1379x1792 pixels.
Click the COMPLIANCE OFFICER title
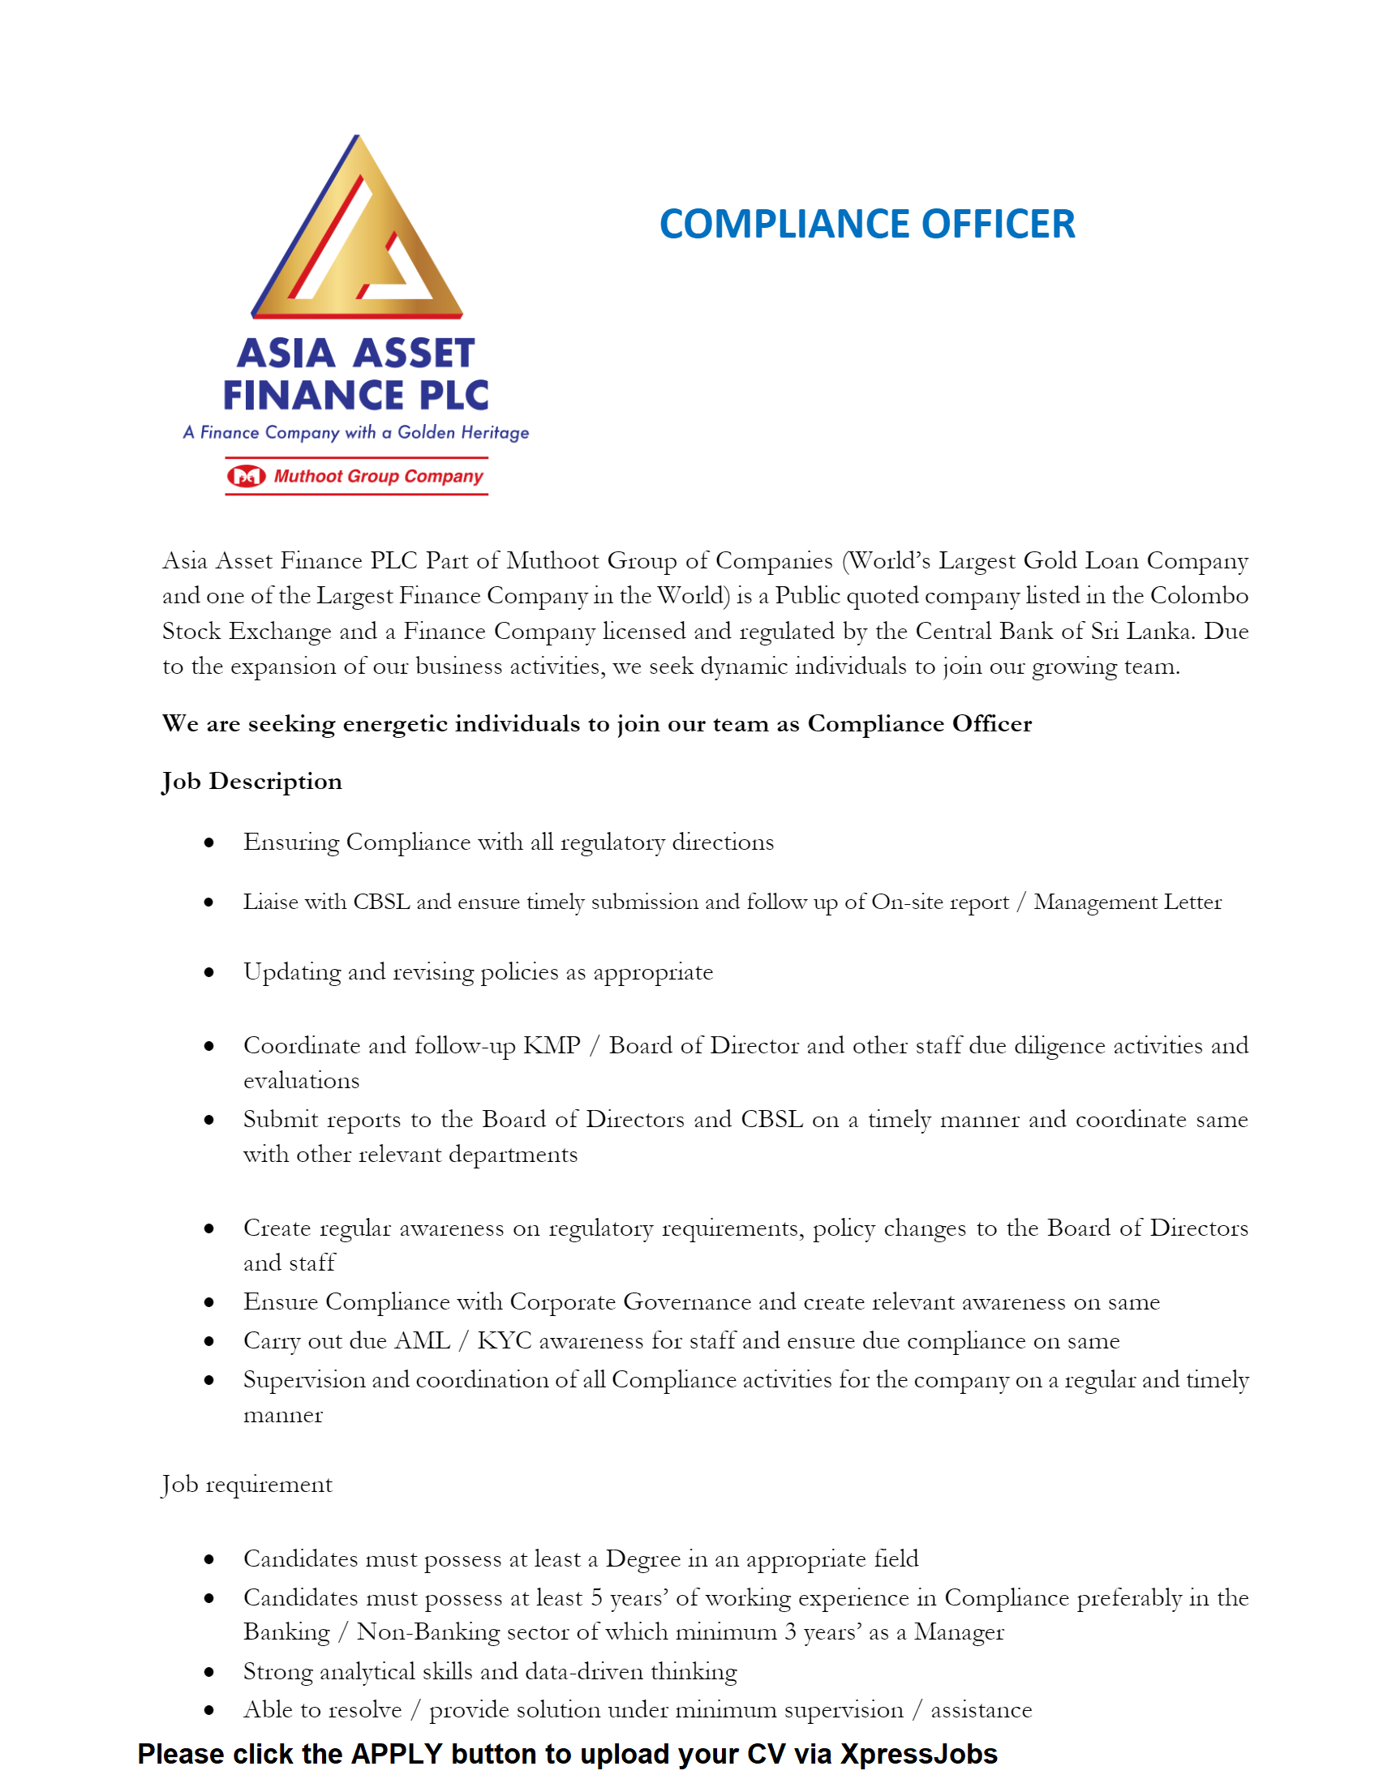pyautogui.click(x=867, y=224)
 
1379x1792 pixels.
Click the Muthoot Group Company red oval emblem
pyautogui.click(x=247, y=476)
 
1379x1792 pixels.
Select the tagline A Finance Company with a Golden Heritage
pyautogui.click(x=355, y=432)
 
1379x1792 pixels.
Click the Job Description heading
pyautogui.click(x=252, y=781)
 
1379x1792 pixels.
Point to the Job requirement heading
pyautogui.click(x=247, y=1485)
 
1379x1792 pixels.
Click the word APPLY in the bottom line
pyautogui.click(x=397, y=1753)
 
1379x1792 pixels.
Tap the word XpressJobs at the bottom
pyautogui.click(x=918, y=1753)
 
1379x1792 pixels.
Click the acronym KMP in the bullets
pyautogui.click(x=552, y=1045)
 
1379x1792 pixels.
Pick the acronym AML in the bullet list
pyautogui.click(x=423, y=1340)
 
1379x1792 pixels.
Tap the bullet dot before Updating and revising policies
pyautogui.click(x=209, y=972)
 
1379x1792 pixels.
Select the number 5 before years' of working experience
pyautogui.click(x=597, y=1598)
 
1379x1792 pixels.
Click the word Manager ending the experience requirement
pyautogui.click(x=959, y=1632)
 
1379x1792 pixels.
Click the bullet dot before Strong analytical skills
pyautogui.click(x=209, y=1672)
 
